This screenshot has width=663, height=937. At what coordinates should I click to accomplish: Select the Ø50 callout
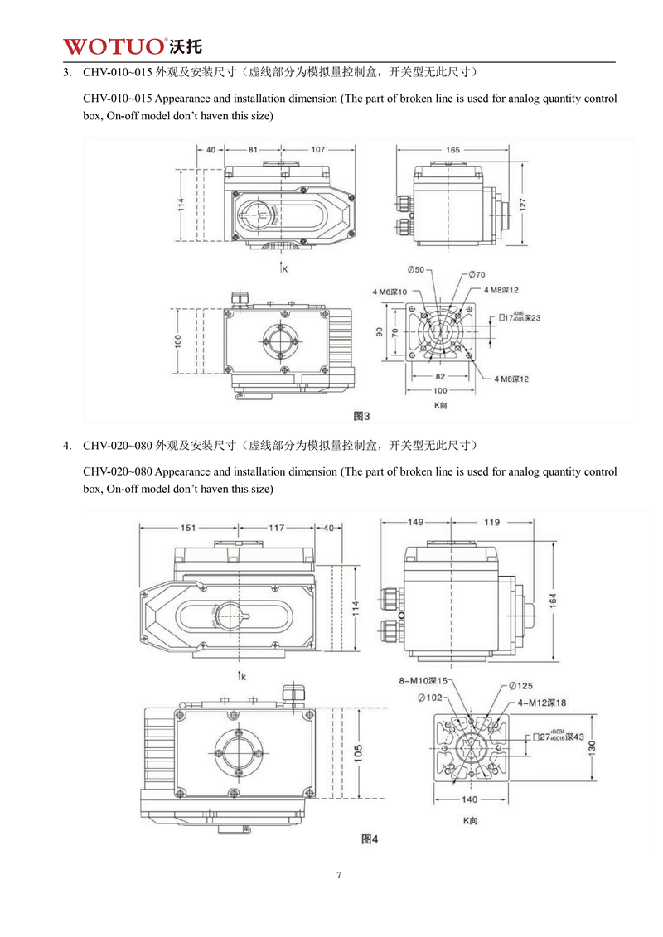tap(416, 271)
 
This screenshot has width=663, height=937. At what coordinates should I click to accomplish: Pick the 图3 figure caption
tap(361, 414)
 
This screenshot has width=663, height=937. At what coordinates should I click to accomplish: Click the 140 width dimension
tap(469, 799)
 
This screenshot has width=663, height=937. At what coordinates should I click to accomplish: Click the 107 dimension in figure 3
tap(318, 150)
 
